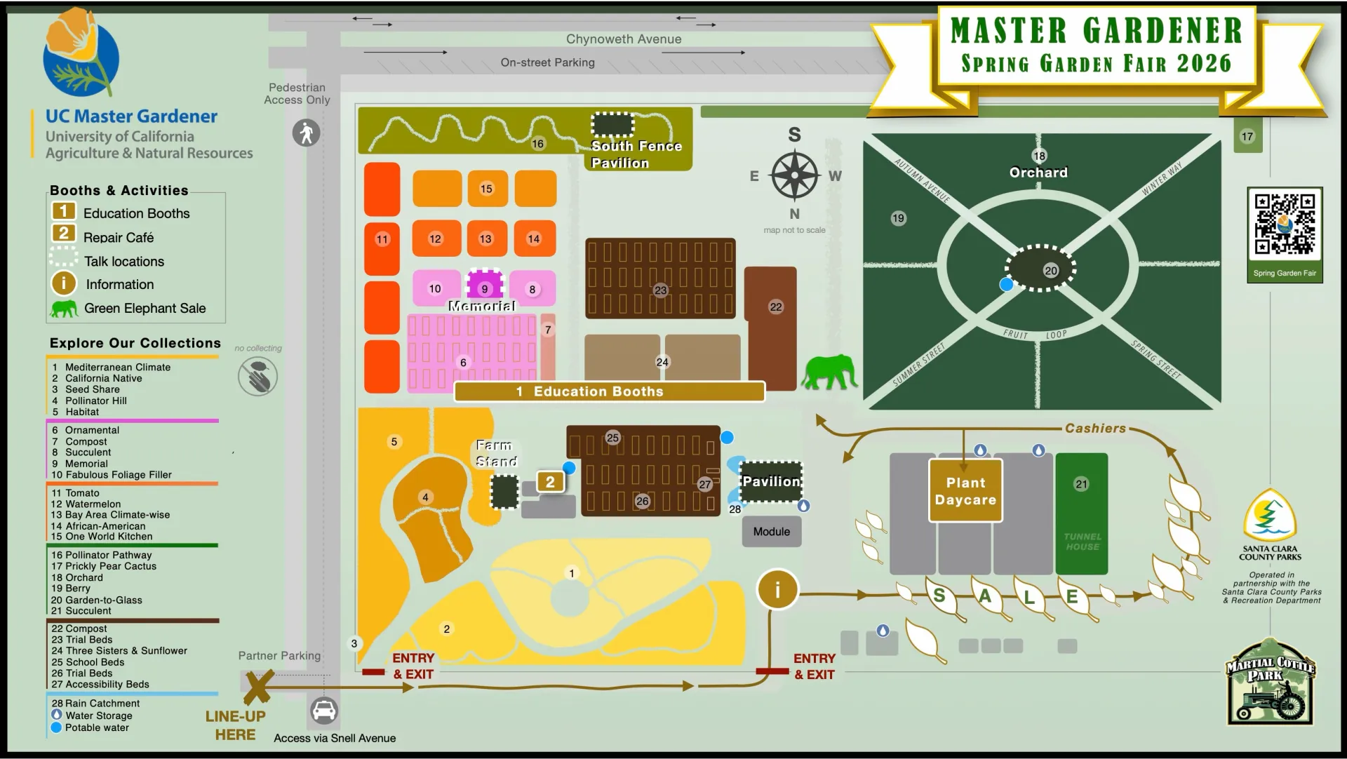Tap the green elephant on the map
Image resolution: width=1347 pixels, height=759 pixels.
click(x=830, y=372)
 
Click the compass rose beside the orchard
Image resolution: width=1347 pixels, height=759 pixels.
click(x=794, y=175)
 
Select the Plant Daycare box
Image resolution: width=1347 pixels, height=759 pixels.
click(x=965, y=491)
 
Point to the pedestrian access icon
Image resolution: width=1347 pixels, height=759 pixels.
click(x=306, y=133)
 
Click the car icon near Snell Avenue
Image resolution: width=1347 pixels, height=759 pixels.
click(x=323, y=711)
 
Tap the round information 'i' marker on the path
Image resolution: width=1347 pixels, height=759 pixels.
click(x=777, y=590)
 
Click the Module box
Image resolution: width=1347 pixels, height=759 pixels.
click(x=772, y=532)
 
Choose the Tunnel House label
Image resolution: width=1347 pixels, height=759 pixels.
click(x=1082, y=542)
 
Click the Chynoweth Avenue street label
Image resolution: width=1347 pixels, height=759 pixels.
click(x=624, y=39)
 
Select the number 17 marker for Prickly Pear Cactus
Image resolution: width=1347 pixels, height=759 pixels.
click(x=1247, y=137)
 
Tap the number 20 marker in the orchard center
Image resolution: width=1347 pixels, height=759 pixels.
click(x=1050, y=271)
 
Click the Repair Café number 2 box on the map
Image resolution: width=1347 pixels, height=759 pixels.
click(x=550, y=482)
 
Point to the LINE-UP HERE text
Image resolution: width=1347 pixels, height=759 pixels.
click(x=235, y=725)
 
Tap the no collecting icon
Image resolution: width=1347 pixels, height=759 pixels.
click(x=257, y=376)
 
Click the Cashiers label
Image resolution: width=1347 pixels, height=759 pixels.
click(x=1095, y=429)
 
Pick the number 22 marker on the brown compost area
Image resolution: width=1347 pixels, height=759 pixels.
click(x=775, y=307)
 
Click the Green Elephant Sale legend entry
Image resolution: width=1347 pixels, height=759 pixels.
click(x=144, y=309)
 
